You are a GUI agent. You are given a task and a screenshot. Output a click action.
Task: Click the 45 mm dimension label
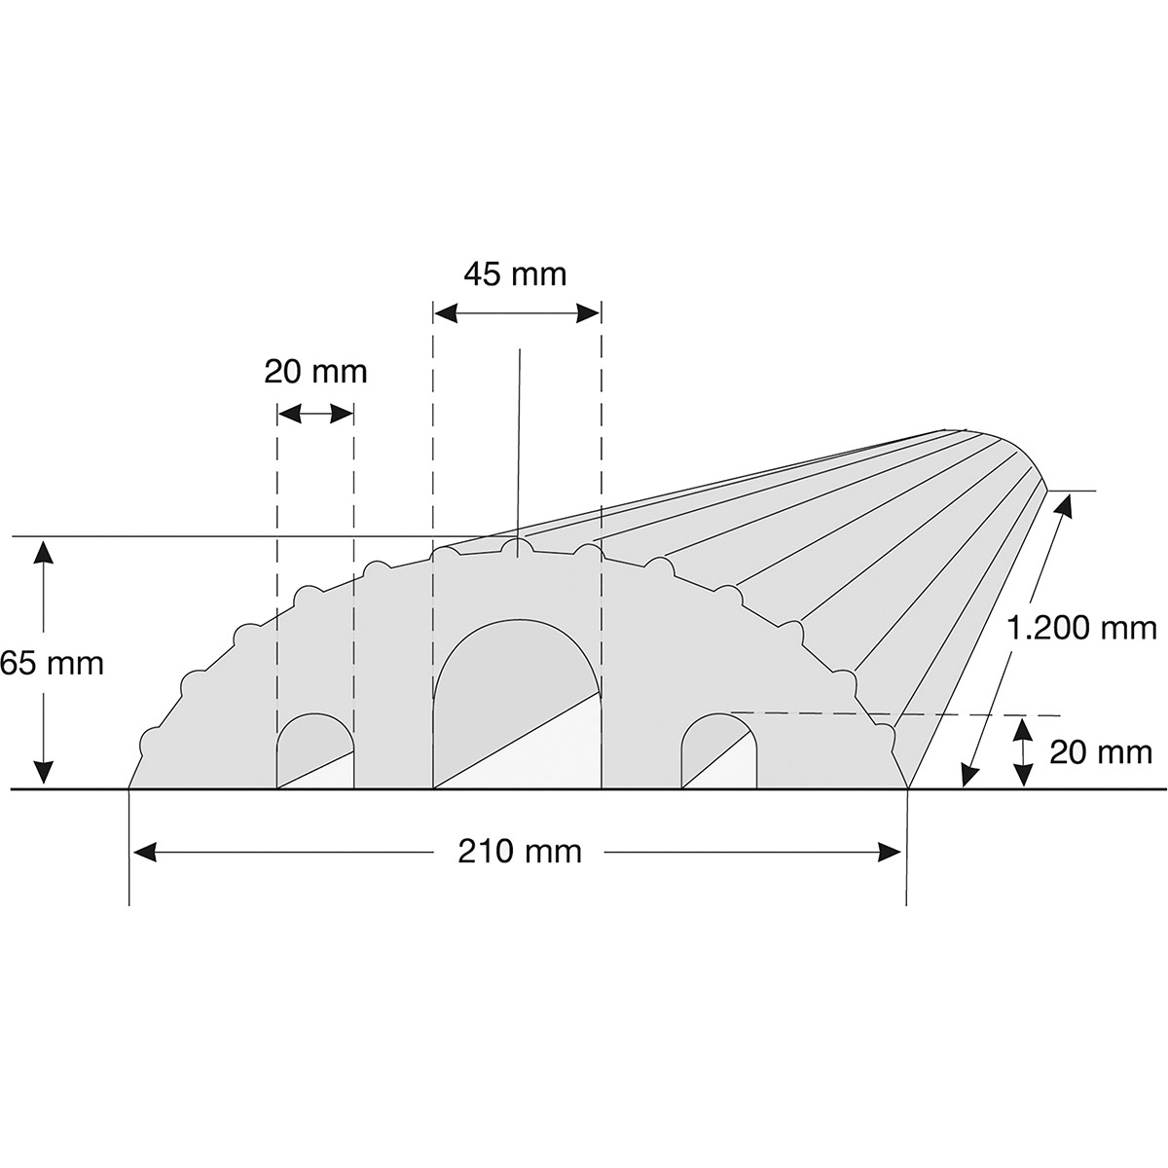pyautogui.click(x=515, y=274)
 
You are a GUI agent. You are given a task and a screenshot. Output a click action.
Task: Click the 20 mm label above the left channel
pyautogui.click(x=315, y=372)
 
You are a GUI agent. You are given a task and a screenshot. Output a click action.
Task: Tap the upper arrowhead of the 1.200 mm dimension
pyautogui.click(x=1059, y=504)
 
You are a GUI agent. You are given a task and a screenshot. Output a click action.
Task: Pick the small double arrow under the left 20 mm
pyautogui.click(x=315, y=415)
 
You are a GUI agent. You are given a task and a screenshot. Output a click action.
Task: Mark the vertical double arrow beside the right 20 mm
pyautogui.click(x=1021, y=751)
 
